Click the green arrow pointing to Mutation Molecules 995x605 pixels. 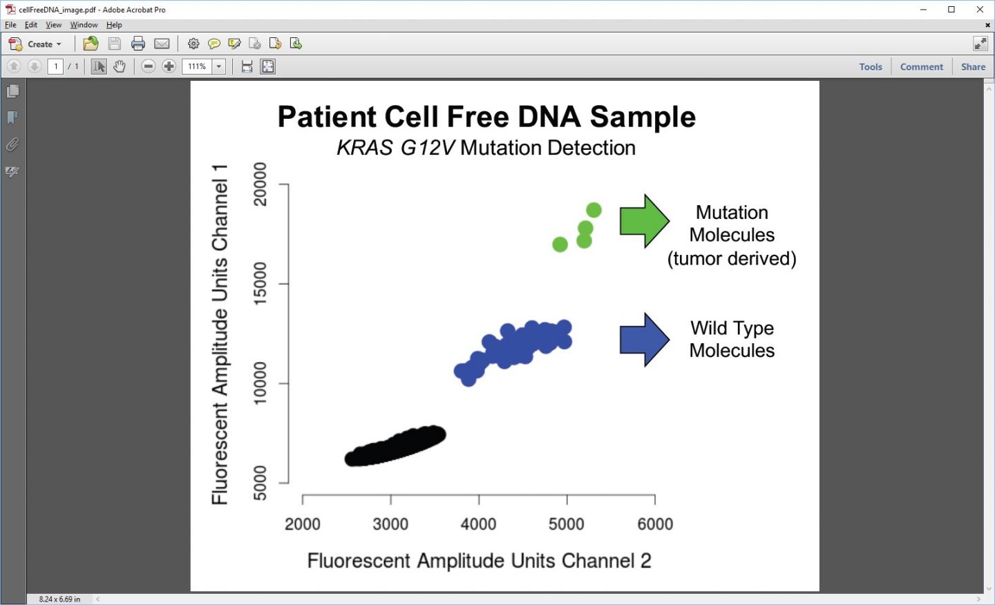coord(645,221)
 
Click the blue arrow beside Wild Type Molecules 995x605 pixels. coord(645,340)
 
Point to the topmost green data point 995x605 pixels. coord(594,210)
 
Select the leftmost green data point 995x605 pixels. coord(560,244)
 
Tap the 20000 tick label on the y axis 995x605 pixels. coord(260,184)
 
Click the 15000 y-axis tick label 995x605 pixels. coord(260,283)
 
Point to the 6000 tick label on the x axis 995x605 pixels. coord(655,524)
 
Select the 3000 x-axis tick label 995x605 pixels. coord(390,524)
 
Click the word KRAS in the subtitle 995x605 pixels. coord(365,148)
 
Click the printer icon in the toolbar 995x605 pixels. coord(138,44)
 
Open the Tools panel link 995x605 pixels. coord(870,66)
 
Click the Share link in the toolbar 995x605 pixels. coord(973,66)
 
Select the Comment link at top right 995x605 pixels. coord(921,66)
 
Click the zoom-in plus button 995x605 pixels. coord(169,66)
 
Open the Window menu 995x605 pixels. coord(84,25)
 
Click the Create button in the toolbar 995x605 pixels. coord(35,44)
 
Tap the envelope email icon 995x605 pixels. coord(162,44)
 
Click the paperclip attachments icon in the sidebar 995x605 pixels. coord(12,145)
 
